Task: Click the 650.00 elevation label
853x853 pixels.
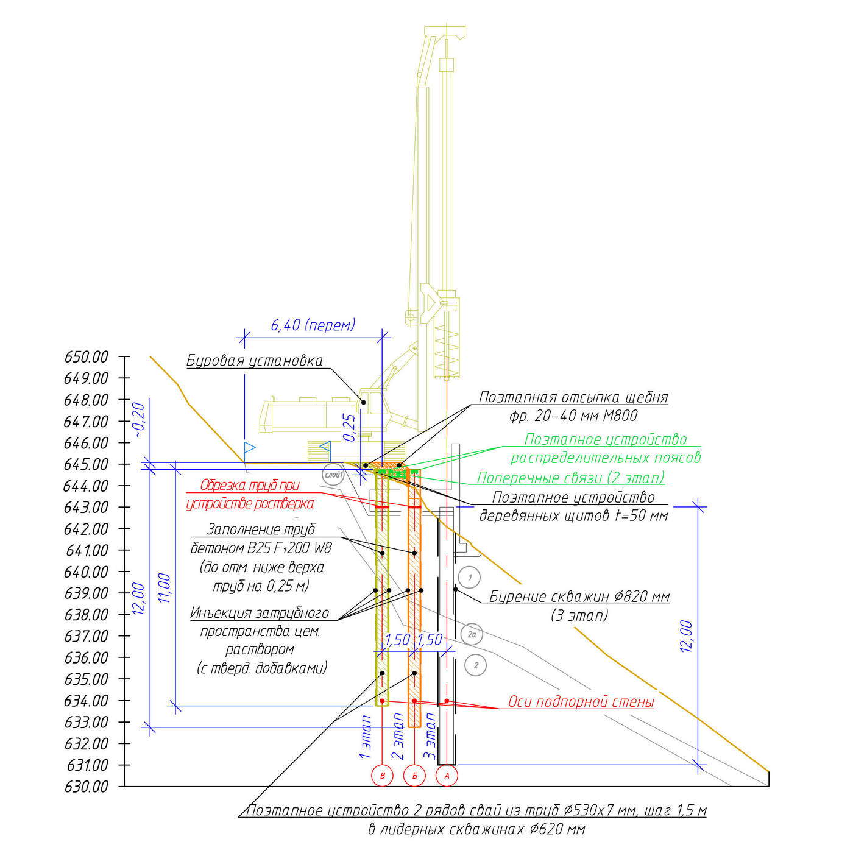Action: [87, 357]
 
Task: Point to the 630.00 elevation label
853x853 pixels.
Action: [87, 787]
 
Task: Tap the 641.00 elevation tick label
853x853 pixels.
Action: [87, 551]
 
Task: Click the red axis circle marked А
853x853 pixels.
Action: [447, 775]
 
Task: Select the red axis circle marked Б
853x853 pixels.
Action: [415, 775]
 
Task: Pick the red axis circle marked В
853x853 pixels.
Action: [383, 775]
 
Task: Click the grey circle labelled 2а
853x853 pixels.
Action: [472, 635]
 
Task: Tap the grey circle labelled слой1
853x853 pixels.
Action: [333, 475]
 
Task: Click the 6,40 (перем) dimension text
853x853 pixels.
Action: [313, 325]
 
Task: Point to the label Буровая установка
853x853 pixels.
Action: [255, 361]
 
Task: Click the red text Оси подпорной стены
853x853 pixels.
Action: [581, 702]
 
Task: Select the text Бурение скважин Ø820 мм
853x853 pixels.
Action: [579, 596]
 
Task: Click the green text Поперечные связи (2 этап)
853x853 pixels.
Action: [570, 478]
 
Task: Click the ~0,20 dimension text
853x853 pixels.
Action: [139, 420]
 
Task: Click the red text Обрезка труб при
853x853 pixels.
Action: [250, 485]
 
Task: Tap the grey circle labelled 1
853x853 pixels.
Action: [470, 577]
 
